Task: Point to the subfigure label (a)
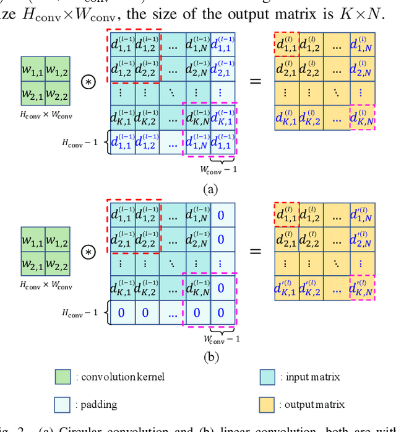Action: pyautogui.click(x=210, y=190)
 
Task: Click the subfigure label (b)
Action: pyautogui.click(x=210, y=356)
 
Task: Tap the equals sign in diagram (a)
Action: pyautogui.click(x=254, y=81)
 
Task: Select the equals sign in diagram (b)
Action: pyautogui.click(x=254, y=251)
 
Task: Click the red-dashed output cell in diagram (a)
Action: pyautogui.click(x=286, y=45)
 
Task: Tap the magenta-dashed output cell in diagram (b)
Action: pyautogui.click(x=362, y=288)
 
